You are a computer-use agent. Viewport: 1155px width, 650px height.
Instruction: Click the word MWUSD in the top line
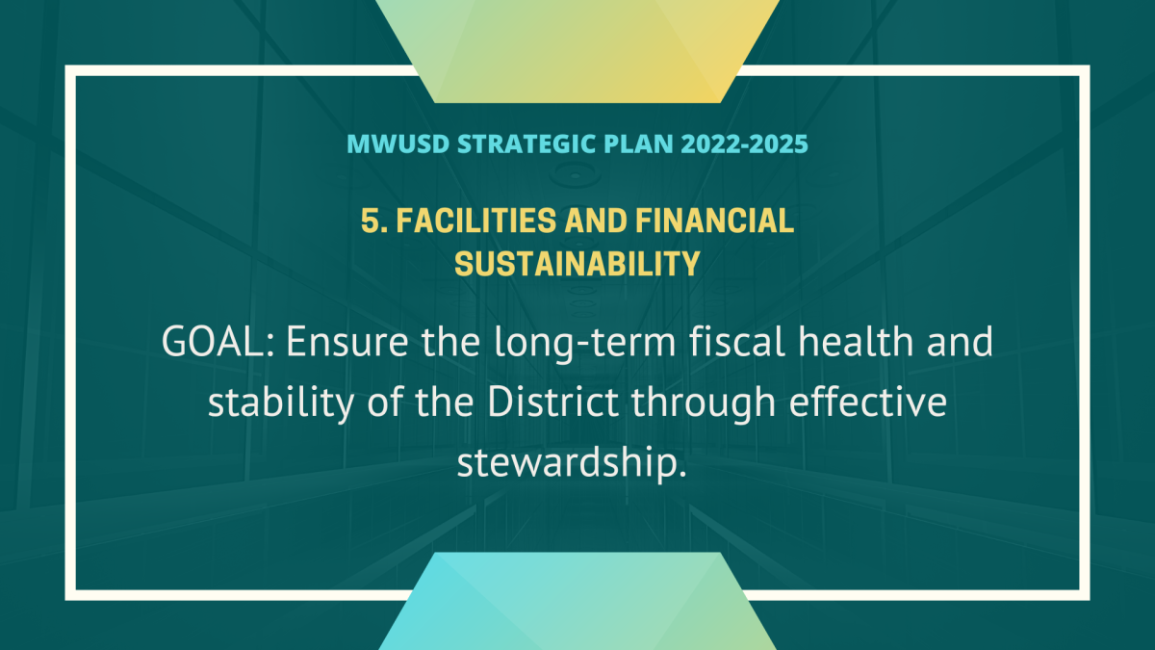tap(398, 143)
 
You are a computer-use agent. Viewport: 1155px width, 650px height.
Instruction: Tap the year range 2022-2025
tap(744, 143)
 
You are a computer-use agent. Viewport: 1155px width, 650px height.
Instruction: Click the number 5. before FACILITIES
tap(374, 221)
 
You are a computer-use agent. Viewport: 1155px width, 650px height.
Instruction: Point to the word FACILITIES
tap(476, 221)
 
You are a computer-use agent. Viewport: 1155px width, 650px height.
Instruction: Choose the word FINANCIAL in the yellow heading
tap(714, 221)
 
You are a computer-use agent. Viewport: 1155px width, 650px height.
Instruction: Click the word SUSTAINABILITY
tap(577, 264)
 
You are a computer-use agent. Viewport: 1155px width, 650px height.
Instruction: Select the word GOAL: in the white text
tap(220, 342)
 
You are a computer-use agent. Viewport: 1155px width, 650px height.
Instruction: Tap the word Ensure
tap(347, 342)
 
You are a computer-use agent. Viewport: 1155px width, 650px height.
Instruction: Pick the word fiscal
tap(737, 341)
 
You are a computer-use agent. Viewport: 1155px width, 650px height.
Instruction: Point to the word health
tap(856, 341)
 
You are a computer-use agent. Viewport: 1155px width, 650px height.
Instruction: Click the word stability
tap(281, 403)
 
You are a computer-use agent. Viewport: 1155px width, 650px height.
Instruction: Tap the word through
tap(704, 403)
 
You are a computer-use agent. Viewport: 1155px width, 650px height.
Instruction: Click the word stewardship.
tap(572, 463)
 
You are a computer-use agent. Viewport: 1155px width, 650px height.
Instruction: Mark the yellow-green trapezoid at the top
tap(577, 51)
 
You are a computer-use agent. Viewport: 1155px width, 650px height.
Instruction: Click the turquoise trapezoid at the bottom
tap(577, 601)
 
